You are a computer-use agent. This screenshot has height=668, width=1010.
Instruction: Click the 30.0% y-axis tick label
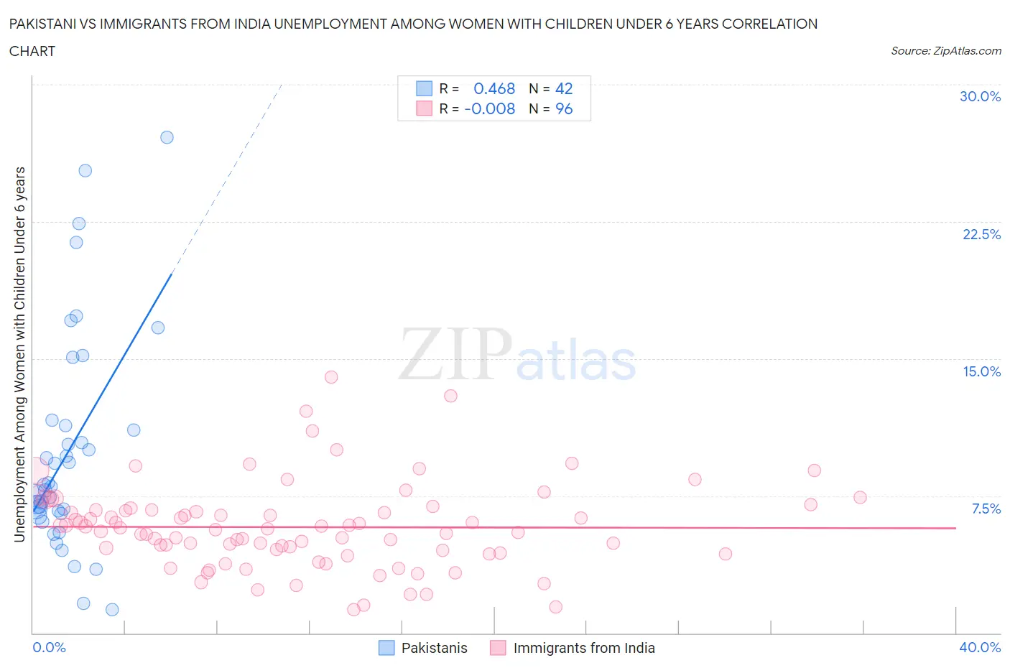click(x=980, y=96)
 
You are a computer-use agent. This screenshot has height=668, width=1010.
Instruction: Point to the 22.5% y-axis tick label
click(x=981, y=234)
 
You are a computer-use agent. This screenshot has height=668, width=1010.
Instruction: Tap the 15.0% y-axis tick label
click(x=981, y=371)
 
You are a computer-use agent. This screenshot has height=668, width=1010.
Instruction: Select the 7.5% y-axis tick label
click(x=986, y=509)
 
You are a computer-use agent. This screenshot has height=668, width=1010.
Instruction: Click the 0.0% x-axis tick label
click(x=49, y=647)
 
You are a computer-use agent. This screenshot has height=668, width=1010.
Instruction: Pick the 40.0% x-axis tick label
click(x=980, y=647)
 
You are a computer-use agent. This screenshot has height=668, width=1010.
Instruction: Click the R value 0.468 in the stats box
click(x=494, y=88)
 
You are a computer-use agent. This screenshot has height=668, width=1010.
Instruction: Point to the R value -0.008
click(x=490, y=108)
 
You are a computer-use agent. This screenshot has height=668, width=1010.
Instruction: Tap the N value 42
click(x=564, y=88)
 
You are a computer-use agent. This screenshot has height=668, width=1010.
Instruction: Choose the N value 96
click(x=564, y=108)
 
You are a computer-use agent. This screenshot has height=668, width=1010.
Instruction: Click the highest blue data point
click(x=167, y=137)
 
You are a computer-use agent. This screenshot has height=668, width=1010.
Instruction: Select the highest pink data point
click(x=331, y=377)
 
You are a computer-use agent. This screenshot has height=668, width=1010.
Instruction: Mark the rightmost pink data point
click(x=860, y=497)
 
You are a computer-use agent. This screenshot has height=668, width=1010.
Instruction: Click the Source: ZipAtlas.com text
click(x=945, y=50)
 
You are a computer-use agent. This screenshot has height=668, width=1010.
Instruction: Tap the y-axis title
click(x=19, y=353)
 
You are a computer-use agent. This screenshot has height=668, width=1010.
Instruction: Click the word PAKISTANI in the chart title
click(x=45, y=24)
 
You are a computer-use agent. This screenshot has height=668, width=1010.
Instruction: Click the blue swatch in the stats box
click(x=425, y=88)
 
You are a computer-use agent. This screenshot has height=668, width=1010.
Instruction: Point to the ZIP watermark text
click(x=455, y=353)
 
